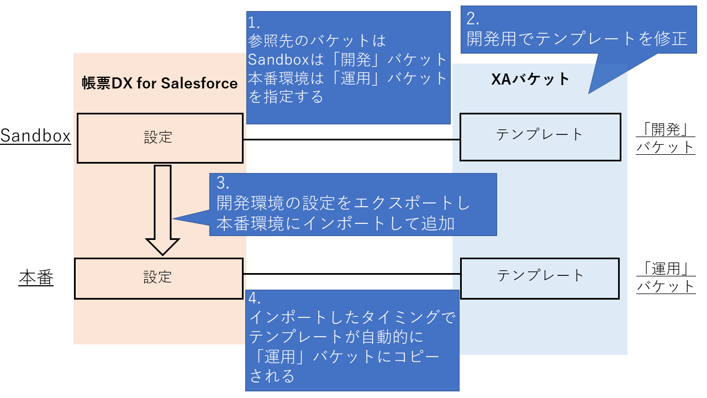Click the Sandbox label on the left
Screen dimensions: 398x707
36,136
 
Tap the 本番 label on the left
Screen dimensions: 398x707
36,277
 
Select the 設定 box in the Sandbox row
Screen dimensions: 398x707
159,138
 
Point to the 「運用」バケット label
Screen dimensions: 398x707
666,277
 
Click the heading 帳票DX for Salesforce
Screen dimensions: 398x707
160,83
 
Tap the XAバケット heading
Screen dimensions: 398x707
530,80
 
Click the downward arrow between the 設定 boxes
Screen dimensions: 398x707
162,210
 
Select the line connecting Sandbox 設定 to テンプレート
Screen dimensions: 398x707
351,139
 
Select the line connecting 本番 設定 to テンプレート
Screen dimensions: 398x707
351,274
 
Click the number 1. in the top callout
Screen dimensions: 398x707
254,23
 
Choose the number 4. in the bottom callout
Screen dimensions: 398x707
256,299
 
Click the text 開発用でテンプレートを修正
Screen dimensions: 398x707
577,39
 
